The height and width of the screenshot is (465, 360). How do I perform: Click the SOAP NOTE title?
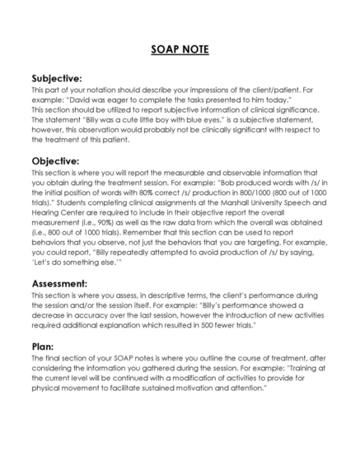point(180,50)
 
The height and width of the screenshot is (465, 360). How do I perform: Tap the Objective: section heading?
point(55,160)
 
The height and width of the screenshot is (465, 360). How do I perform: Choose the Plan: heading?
point(43,346)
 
